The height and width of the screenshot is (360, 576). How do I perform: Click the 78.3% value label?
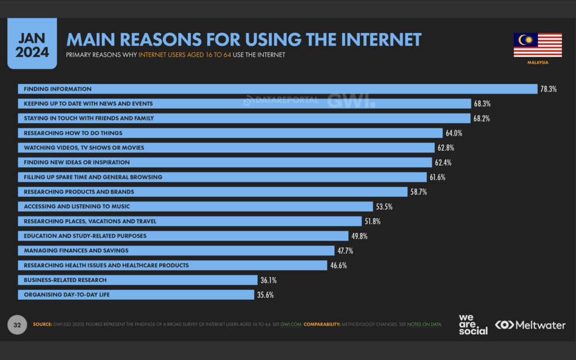[x=548, y=89]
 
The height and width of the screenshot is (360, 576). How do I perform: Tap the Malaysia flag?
[x=537, y=45]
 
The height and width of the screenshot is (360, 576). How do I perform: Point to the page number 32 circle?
[x=17, y=325]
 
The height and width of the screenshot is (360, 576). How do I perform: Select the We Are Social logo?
[x=472, y=325]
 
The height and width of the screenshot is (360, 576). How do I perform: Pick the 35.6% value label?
[x=265, y=295]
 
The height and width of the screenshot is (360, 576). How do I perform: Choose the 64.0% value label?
[x=454, y=133]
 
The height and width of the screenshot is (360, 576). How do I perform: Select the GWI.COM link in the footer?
[x=291, y=325]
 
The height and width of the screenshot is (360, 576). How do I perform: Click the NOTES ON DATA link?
[x=424, y=325]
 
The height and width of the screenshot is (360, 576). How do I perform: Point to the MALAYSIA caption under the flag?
[x=537, y=62]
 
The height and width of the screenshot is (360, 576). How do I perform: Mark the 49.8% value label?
[x=360, y=236]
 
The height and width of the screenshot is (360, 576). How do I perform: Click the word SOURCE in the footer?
[x=42, y=325]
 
